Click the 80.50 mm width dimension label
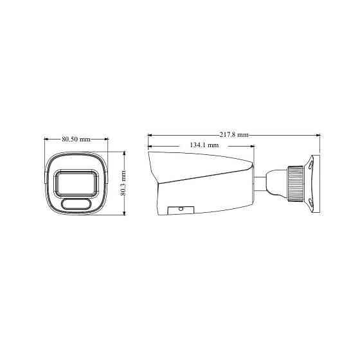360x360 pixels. [x=76, y=139]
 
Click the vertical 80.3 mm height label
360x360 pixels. [x=123, y=183]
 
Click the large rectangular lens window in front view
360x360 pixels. [x=76, y=183]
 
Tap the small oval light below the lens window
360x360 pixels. [x=76, y=205]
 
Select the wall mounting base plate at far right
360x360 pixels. [x=312, y=183]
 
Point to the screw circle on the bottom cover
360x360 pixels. [x=181, y=209]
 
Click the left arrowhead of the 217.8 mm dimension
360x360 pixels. [x=150, y=135]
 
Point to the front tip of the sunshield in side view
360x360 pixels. [x=149, y=149]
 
